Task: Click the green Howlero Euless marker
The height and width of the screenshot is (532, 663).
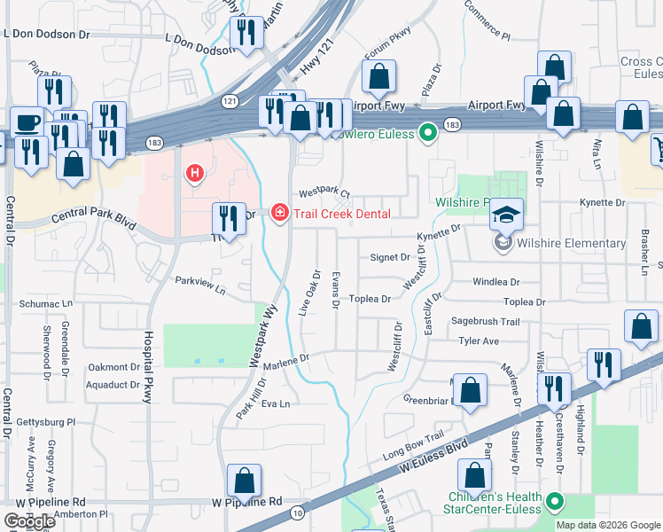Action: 428,134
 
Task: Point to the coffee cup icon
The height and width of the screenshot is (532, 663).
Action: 27,121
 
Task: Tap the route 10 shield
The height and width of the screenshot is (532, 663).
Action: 297,512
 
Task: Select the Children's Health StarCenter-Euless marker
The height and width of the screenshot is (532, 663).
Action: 556,503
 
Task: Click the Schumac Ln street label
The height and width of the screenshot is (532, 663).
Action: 45,303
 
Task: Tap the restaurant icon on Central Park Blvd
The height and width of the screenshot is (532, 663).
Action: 229,218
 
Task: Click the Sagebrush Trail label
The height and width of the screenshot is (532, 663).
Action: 485,322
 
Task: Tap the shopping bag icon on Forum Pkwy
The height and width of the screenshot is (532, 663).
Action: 378,76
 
